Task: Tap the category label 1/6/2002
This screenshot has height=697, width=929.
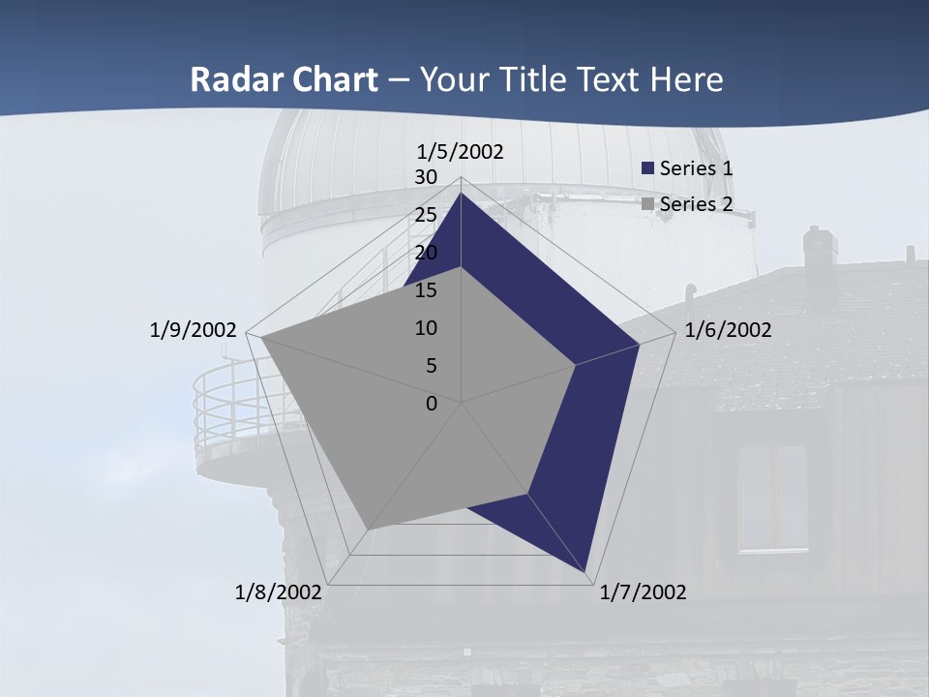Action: [x=728, y=330]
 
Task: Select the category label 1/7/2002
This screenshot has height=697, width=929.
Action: [x=643, y=592]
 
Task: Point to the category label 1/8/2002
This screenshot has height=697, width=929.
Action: [x=279, y=592]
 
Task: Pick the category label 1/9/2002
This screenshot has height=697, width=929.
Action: [x=193, y=330]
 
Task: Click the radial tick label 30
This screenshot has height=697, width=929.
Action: [x=425, y=177]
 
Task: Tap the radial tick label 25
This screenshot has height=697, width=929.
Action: [x=425, y=215]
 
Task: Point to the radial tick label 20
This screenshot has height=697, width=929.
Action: [x=425, y=253]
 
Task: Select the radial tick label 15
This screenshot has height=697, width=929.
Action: [x=425, y=290]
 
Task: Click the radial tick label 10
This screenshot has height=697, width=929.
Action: [x=425, y=328]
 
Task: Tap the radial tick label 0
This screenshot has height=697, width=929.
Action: [x=432, y=404]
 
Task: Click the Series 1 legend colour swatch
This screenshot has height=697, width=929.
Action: [x=648, y=168]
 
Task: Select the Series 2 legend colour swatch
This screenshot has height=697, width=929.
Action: [x=648, y=204]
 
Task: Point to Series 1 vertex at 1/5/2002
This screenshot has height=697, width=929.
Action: [x=461, y=194]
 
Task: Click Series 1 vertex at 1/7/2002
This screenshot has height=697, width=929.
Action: [x=586, y=573]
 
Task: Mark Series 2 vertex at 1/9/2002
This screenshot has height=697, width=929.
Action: [x=261, y=338]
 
